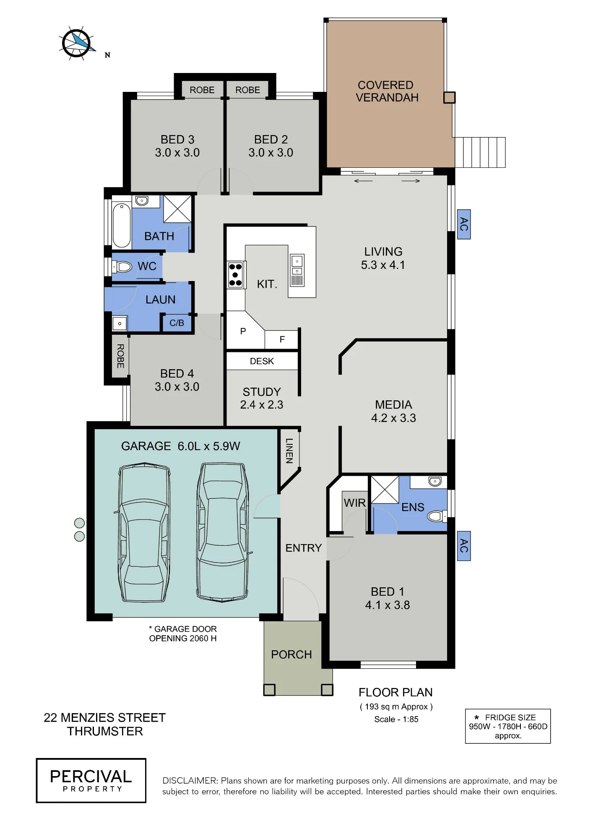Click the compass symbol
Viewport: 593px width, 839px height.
76,43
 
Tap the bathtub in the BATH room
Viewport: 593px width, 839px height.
121,225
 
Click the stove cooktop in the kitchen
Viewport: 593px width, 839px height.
236,275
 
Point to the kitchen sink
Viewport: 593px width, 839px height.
297,270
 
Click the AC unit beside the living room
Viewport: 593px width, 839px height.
463,224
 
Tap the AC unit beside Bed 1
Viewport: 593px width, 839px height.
463,546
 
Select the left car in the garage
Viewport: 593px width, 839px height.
144,532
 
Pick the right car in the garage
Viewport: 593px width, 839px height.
223,532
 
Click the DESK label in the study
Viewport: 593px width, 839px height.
262,361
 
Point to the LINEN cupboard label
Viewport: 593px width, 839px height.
289,451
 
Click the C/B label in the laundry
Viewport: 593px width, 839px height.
177,323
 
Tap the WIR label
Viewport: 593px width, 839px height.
355,503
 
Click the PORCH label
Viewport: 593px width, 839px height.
291,654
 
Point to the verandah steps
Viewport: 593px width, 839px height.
480,152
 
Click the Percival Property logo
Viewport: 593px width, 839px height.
91,781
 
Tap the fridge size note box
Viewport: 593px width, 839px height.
508,726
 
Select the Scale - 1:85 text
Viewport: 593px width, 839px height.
396,719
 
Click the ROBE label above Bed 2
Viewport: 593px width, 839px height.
247,90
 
